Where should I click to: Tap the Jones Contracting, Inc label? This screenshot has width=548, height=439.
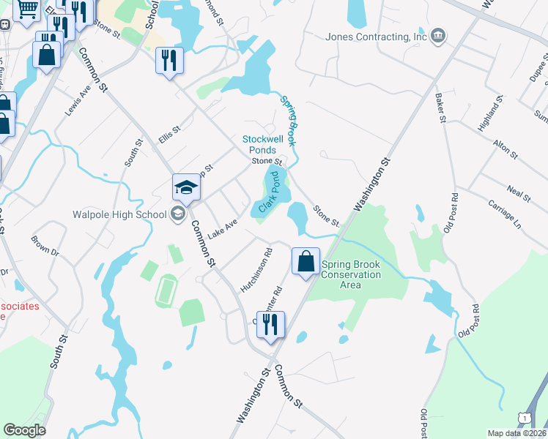pos(377,37)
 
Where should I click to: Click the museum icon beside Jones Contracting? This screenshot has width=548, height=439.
pos(438,37)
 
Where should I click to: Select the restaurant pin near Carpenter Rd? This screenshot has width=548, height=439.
pos(270,325)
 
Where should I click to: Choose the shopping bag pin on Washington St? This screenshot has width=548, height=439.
pos(306,261)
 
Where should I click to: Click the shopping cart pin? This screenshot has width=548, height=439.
pos(28,10)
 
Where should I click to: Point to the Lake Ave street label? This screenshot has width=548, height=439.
pos(223,228)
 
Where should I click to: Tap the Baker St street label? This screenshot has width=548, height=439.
pos(440,108)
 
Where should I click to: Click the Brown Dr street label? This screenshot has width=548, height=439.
pos(45,244)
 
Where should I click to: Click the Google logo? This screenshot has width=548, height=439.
pos(24,430)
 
